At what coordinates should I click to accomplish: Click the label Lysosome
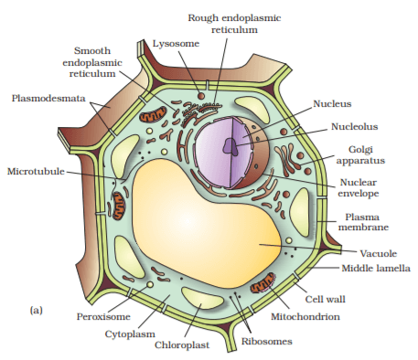pyautogui.click(x=174, y=42)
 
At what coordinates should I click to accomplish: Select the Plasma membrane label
pyautogui.click(x=367, y=223)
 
